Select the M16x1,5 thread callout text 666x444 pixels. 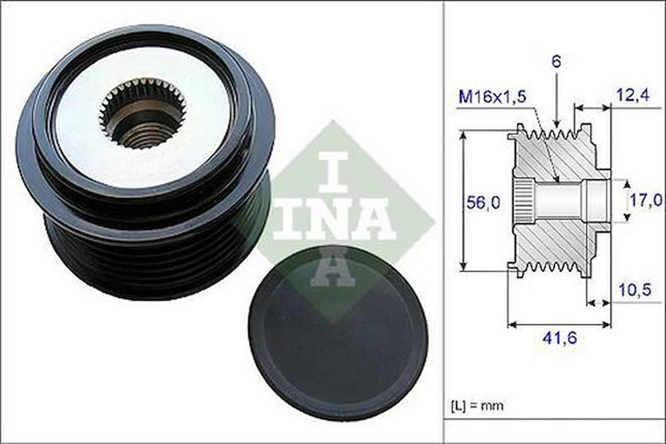click(492, 97)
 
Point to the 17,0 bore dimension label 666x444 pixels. click(646, 201)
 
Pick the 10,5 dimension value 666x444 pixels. click(634, 290)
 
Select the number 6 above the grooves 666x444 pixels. click(556, 62)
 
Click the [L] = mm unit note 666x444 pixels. click(477, 405)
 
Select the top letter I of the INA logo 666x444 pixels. click(333, 171)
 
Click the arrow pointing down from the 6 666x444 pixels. click(557, 102)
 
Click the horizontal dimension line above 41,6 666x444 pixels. click(559, 325)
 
